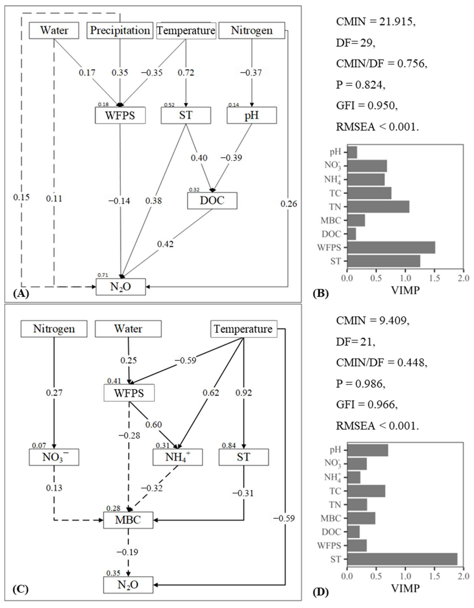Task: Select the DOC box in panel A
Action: point(212,200)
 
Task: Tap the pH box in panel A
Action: point(252,115)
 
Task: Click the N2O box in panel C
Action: point(128,585)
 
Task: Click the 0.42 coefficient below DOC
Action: point(165,244)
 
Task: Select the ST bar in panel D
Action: point(402,559)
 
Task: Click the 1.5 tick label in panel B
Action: point(435,278)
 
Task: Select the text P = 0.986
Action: point(360,384)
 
